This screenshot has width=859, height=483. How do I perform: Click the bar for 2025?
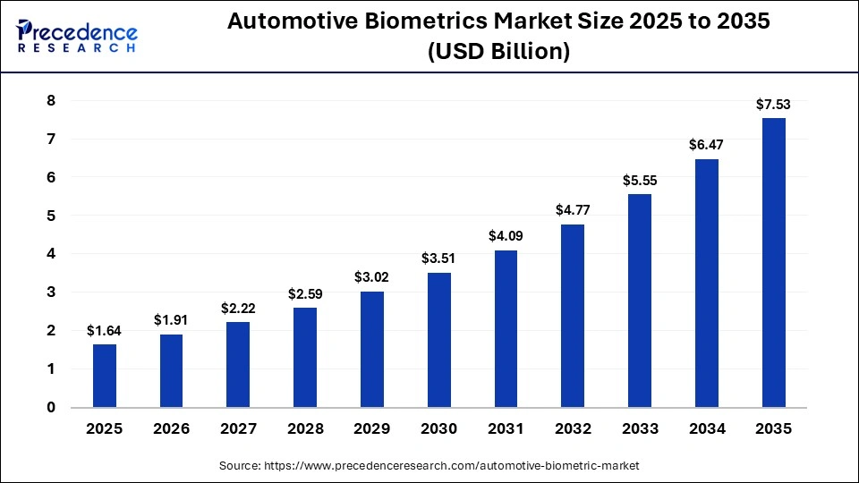(105, 376)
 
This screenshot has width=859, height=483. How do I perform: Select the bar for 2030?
(439, 340)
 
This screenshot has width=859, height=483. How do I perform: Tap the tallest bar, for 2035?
(774, 263)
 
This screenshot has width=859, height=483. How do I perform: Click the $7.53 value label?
(774, 105)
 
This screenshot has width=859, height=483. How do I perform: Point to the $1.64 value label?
(105, 331)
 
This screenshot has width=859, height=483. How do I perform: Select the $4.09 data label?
(506, 237)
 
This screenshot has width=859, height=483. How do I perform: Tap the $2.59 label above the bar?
(305, 294)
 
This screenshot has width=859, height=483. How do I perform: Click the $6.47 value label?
(707, 145)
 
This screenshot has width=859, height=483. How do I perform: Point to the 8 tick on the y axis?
(51, 101)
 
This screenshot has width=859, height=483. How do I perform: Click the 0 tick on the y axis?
(51, 407)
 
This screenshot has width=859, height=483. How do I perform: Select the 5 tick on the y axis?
(51, 216)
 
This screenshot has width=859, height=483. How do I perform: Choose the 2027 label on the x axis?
(238, 428)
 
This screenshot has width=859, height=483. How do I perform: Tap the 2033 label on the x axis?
(640, 428)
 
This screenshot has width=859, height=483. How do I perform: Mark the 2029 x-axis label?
(372, 428)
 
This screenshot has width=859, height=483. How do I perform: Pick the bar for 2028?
(305, 358)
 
